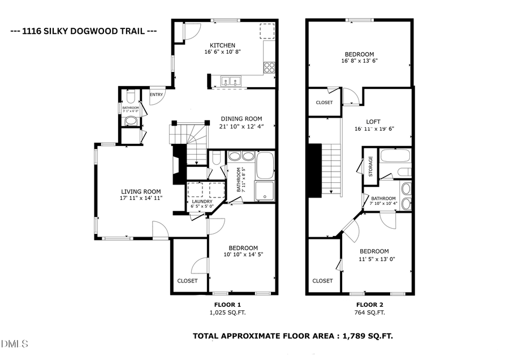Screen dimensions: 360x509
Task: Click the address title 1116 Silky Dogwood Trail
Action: click(84, 31)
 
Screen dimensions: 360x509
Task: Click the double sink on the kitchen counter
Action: click(231, 81)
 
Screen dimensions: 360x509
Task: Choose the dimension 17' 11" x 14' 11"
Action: click(140, 199)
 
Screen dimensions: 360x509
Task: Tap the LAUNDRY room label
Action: click(202, 202)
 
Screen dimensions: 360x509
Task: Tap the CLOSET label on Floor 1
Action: click(187, 281)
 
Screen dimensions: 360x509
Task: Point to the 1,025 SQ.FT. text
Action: click(227, 312)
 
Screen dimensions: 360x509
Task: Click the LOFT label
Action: click(373, 121)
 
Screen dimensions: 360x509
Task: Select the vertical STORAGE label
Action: click(370, 166)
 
